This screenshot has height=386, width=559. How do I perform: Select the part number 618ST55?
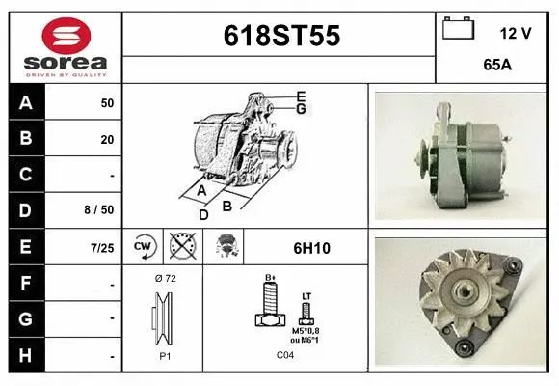point(281,36)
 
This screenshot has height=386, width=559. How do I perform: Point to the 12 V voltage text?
point(516,33)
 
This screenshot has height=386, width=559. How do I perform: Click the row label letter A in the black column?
point(26,102)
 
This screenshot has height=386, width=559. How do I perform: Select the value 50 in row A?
point(107,102)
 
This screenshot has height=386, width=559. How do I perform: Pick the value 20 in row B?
point(107,139)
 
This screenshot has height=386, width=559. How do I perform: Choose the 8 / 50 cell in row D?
point(99,209)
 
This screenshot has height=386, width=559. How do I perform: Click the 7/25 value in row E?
point(101,247)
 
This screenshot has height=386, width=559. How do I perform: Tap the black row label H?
point(26,355)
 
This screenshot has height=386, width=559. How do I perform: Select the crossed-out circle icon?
point(180,248)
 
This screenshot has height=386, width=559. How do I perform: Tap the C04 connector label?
point(286,355)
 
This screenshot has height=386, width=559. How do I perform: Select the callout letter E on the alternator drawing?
point(301,96)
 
